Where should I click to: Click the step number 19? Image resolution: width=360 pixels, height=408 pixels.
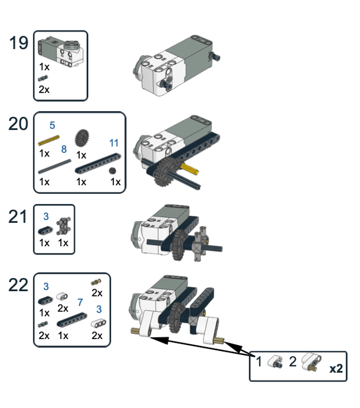[x=19, y=43]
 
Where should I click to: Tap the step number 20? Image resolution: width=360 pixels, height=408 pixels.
[x=19, y=124]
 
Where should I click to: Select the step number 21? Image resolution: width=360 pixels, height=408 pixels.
[x=19, y=217]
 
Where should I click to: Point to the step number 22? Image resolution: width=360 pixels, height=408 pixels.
[x=19, y=285]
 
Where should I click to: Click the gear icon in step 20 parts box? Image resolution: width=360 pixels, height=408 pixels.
[x=81, y=138]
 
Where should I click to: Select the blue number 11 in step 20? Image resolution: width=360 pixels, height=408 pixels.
[x=114, y=143]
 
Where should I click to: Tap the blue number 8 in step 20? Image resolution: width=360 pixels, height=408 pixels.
[x=64, y=149]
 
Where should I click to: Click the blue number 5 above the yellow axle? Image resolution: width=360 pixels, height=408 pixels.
[x=53, y=125]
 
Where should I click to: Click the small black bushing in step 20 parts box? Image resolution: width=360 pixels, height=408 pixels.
[x=113, y=171]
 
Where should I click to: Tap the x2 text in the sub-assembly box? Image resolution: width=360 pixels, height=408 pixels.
[x=336, y=369]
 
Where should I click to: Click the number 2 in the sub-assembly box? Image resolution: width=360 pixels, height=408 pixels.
[x=293, y=363]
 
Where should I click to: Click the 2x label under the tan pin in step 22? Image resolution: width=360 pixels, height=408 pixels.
[x=96, y=293]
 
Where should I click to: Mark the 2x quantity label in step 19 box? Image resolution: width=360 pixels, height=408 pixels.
[x=44, y=90]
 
